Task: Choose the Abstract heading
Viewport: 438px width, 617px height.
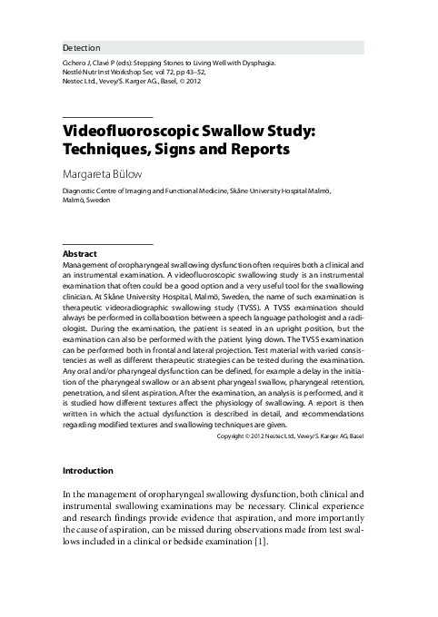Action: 79,252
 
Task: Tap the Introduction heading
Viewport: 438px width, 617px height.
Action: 87,471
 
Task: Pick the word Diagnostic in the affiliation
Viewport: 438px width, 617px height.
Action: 82,191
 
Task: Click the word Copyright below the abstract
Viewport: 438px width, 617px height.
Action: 234,436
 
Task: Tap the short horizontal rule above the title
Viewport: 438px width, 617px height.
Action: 107,118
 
